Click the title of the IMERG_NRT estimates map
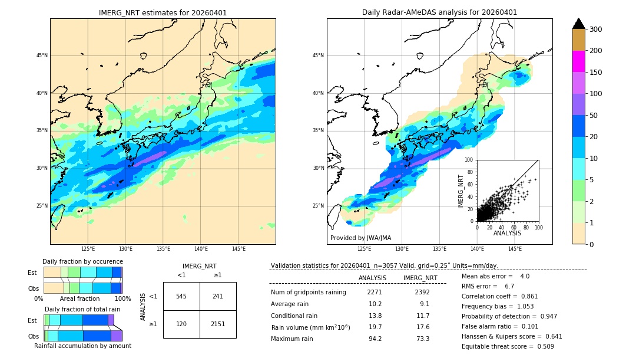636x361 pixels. [x=163, y=12]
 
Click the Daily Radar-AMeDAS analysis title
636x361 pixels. [x=439, y=12]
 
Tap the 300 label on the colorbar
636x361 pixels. [x=596, y=29]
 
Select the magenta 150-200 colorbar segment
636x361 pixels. [x=579, y=61]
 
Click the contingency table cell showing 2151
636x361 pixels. [x=218, y=324]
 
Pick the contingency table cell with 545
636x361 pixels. [x=181, y=296]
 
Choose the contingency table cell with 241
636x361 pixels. [x=218, y=296]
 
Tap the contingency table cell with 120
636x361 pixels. [x=181, y=324]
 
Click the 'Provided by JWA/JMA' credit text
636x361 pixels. [x=360, y=238]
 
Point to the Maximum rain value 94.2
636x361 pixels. [x=375, y=339]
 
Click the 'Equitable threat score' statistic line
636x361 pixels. [x=508, y=346]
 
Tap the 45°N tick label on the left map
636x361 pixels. [x=42, y=55]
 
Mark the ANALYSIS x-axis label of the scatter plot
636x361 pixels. [x=507, y=233]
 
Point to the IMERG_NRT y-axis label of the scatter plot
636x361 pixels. [x=462, y=191]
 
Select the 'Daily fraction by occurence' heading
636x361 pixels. [x=82, y=261]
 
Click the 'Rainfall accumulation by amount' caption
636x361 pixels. [x=82, y=346]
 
